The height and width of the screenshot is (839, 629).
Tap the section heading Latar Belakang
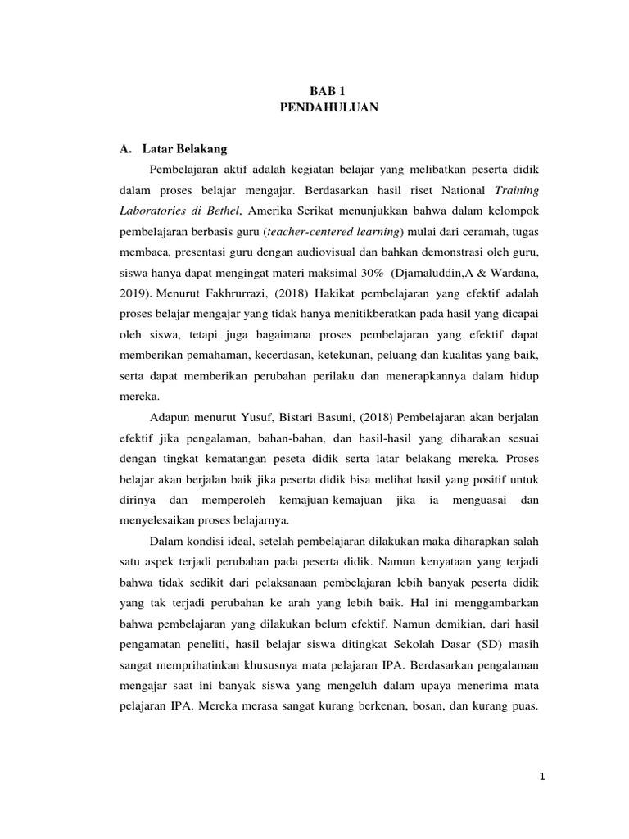coord(184,149)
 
